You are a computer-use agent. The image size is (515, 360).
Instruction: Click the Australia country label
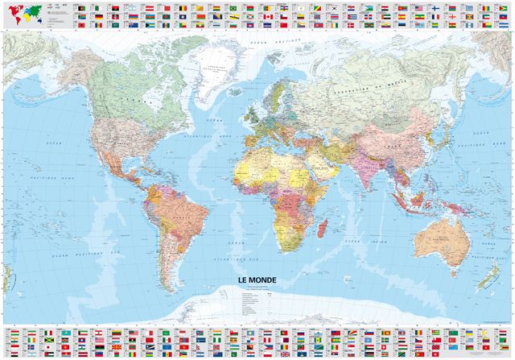tap(436, 233)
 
